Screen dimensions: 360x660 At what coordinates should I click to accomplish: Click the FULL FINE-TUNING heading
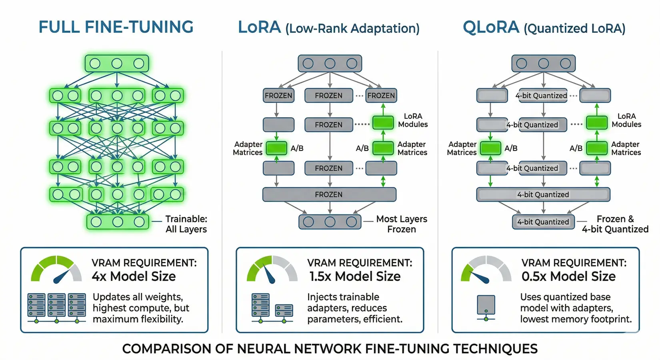pos(116,27)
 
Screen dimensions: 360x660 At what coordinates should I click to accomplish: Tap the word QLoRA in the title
pos(491,27)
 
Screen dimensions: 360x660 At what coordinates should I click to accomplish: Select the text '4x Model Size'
pos(134,276)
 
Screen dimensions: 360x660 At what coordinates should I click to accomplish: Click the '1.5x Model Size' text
pos(355,276)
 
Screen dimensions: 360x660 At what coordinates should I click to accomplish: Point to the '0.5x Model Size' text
pos(568,276)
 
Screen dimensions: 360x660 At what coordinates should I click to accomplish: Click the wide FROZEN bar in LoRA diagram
pos(329,194)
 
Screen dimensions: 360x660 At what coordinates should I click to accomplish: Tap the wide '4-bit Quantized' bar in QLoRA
pos(543,194)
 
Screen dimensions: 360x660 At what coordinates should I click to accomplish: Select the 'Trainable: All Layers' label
pos(186,224)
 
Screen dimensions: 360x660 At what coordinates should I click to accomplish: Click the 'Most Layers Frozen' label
pos(402,224)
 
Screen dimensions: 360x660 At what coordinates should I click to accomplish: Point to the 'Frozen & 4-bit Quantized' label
pos(615,224)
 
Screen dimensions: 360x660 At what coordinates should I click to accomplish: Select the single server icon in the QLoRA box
pos(486,306)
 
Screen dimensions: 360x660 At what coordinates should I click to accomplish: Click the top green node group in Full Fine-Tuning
pos(117,64)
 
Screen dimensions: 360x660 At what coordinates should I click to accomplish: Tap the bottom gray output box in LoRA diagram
pos(330,222)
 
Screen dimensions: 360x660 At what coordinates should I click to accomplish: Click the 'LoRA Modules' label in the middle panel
pos(413,120)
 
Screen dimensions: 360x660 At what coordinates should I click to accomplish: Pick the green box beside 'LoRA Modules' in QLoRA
pos(597,122)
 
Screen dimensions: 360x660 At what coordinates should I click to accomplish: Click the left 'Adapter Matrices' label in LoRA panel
pos(248,148)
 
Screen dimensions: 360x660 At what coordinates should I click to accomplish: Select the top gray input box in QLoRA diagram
pos(543,64)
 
